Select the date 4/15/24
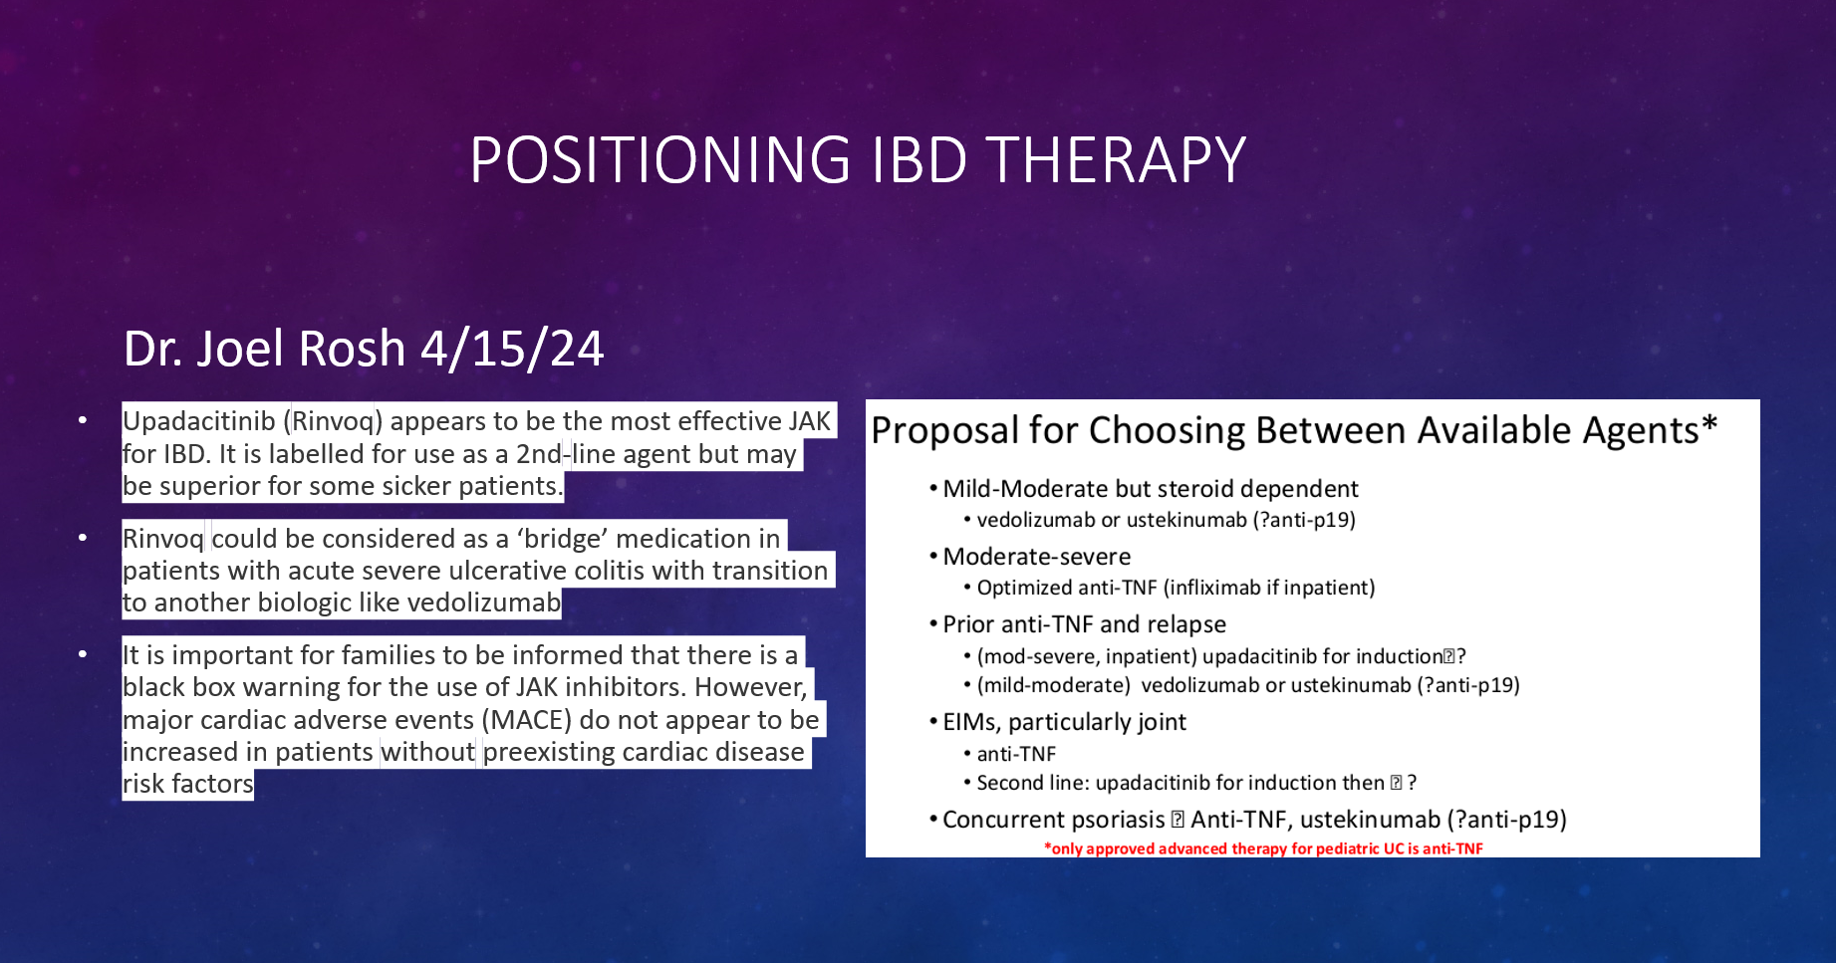[x=512, y=350]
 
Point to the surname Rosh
[x=352, y=350]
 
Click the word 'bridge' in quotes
[x=562, y=539]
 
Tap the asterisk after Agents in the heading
[x=1710, y=422]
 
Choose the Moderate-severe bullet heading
[x=1037, y=557]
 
